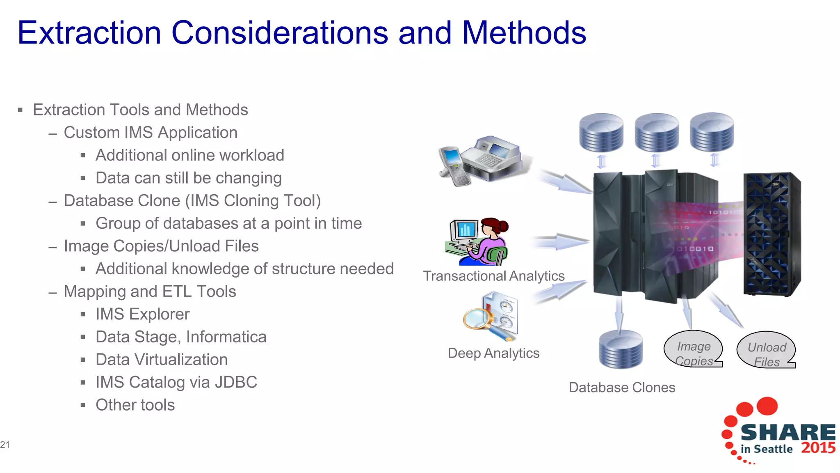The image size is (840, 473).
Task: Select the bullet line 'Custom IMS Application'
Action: [x=151, y=133]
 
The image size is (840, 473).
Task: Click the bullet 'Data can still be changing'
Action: [x=188, y=178]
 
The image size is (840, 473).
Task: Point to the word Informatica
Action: [x=226, y=337]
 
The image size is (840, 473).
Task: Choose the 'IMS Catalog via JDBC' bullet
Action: [x=176, y=382]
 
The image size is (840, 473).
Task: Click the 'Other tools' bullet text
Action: [x=135, y=405]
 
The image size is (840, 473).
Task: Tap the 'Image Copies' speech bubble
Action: [x=693, y=349]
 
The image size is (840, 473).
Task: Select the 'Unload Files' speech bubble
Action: [x=766, y=350]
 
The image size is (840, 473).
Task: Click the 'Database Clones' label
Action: [x=621, y=388]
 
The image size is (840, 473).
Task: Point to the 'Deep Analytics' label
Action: [x=493, y=353]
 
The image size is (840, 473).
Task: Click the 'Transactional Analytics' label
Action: [x=493, y=276]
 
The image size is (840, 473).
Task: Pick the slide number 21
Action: [x=5, y=445]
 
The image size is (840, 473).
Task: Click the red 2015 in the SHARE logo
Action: [x=818, y=448]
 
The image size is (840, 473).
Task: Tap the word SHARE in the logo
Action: [x=787, y=432]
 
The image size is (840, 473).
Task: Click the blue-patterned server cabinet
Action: [x=771, y=234]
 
